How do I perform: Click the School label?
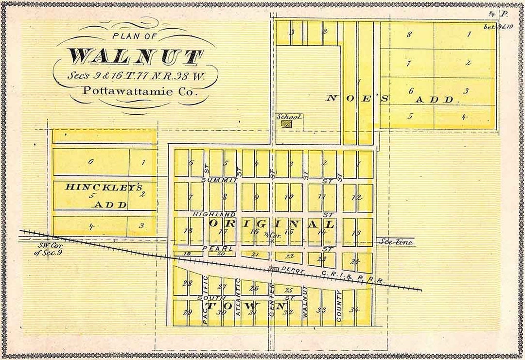[289, 117]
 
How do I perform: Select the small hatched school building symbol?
[287, 124]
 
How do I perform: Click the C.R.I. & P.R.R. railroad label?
[353, 277]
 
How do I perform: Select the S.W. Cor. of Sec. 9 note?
[47, 248]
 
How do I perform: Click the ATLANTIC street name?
[238, 297]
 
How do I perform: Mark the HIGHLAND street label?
[213, 214]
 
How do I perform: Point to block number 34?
[354, 310]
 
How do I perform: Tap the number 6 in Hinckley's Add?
[90, 162]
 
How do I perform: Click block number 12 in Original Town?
[358, 197]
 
